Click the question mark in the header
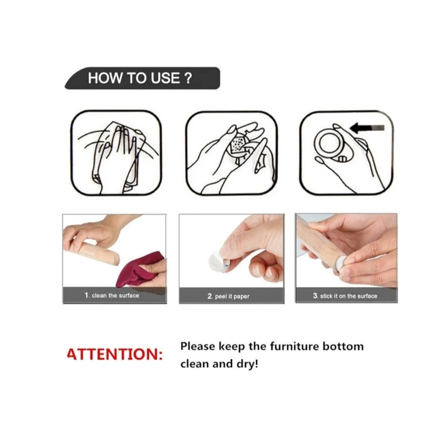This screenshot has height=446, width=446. click(x=188, y=78)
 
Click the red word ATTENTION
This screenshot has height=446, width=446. click(x=115, y=354)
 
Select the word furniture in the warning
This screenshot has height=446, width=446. click(x=294, y=346)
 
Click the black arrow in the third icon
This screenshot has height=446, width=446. click(x=367, y=128)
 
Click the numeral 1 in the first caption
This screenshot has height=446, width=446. click(x=87, y=295)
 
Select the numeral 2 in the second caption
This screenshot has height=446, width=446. click(x=210, y=296)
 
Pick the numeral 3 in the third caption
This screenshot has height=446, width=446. click(x=315, y=296)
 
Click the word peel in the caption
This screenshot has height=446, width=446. click(x=221, y=296)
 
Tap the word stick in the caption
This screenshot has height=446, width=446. click(x=326, y=296)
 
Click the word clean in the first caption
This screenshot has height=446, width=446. click(x=98, y=295)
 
